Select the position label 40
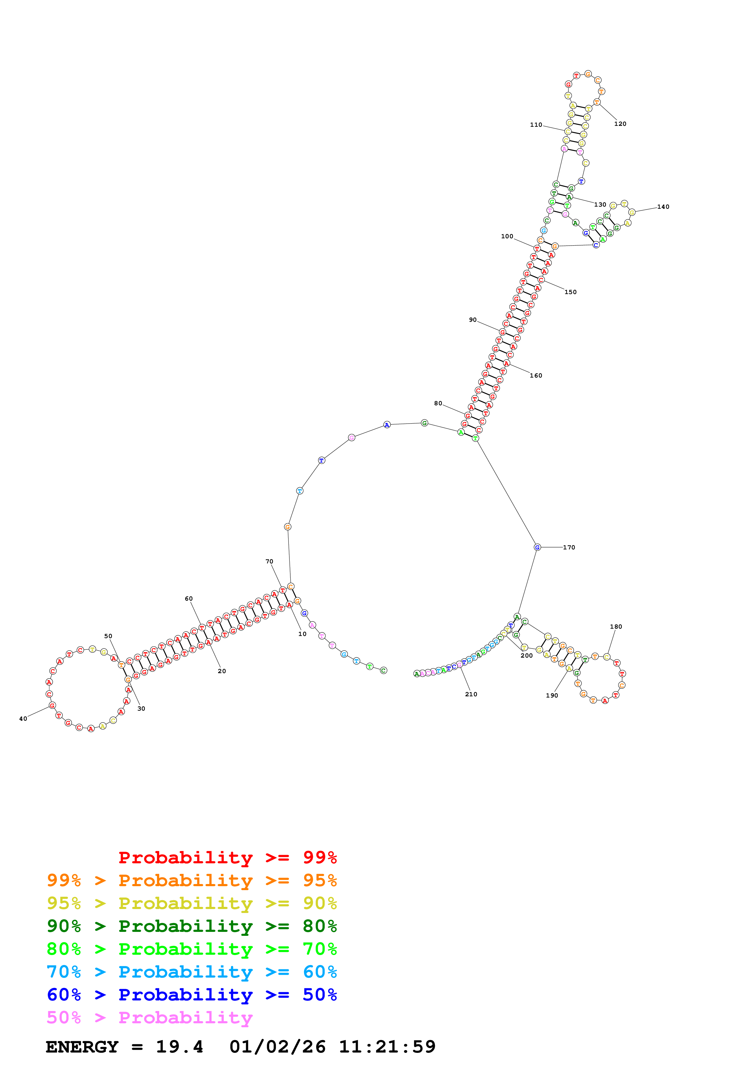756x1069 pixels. coord(23,719)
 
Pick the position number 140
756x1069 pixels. coord(663,207)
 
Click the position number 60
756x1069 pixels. coord(189,599)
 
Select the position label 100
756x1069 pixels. coord(507,236)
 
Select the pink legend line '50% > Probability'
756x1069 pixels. coord(149,1018)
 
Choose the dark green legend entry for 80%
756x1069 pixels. coord(192,926)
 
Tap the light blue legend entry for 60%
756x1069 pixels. coord(192,972)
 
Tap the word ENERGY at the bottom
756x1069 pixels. coord(82,1047)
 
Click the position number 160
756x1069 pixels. coord(536,376)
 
